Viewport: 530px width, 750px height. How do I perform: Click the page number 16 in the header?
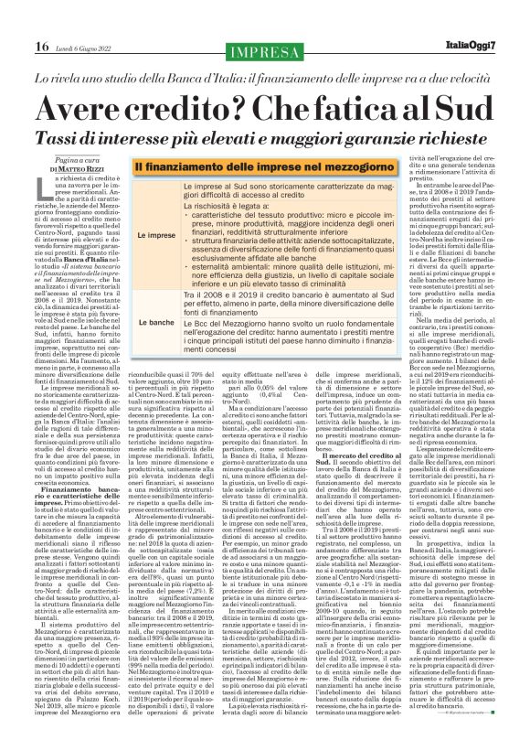(x=16, y=19)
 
